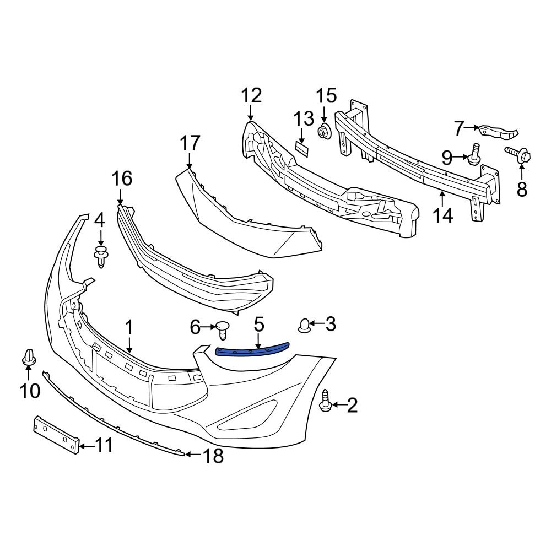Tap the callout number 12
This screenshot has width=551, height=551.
251,96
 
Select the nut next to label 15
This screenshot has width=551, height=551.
324,131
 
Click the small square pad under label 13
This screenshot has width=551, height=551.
302,146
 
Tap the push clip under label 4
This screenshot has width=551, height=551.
100,257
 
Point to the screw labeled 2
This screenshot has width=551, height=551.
325,401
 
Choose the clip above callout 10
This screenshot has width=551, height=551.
29,356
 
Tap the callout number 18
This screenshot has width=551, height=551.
214,455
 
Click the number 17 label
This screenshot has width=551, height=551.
190,144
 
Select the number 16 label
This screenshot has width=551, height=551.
122,179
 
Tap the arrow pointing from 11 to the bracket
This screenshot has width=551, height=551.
84,445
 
